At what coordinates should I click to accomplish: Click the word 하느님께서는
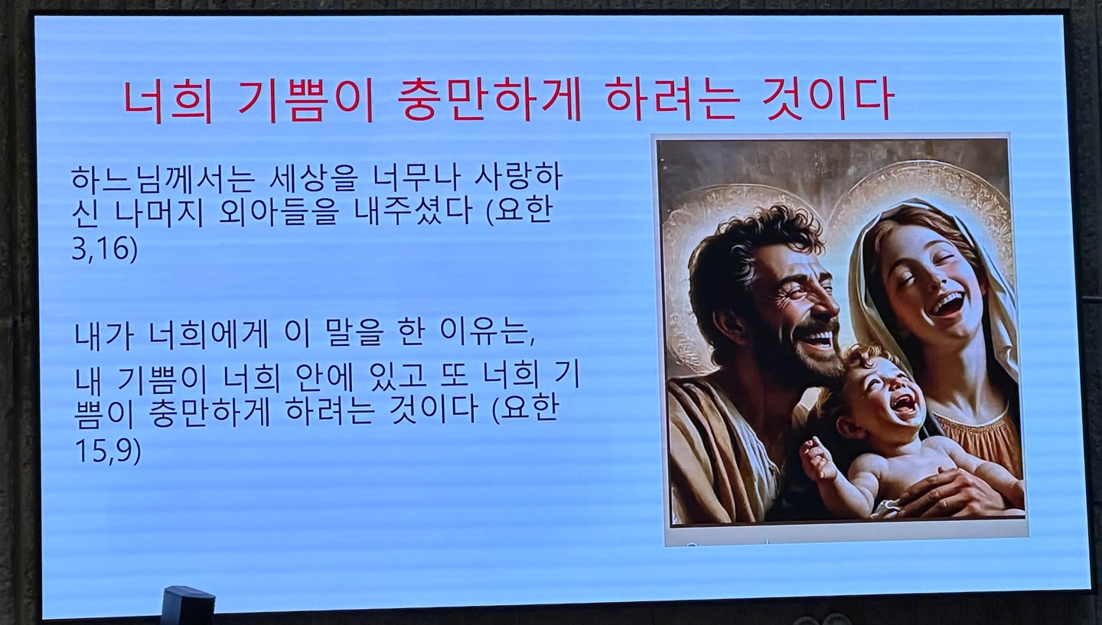click(163, 179)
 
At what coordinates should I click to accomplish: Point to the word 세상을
click(313, 178)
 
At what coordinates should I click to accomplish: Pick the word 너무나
click(416, 178)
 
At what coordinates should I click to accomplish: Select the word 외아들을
click(279, 213)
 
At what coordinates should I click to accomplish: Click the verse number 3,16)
click(105, 249)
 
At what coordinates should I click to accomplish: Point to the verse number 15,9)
click(108, 451)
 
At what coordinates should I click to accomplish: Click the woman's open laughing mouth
click(947, 304)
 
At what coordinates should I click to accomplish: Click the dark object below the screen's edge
click(188, 604)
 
